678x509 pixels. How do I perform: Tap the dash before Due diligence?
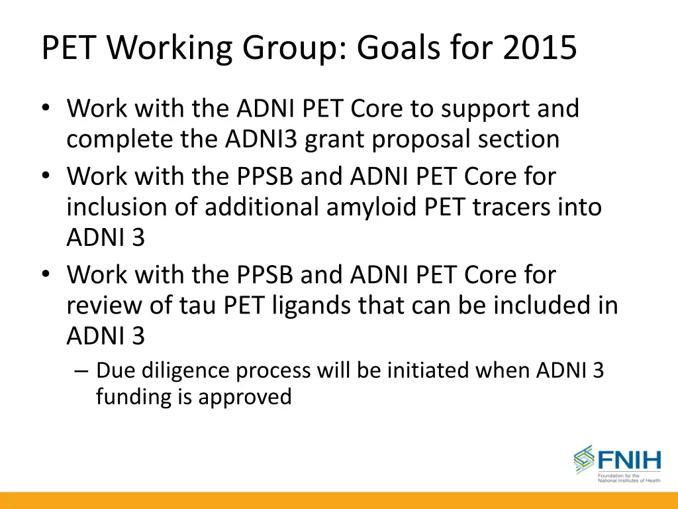tap(82, 370)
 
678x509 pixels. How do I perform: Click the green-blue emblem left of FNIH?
tap(584, 459)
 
